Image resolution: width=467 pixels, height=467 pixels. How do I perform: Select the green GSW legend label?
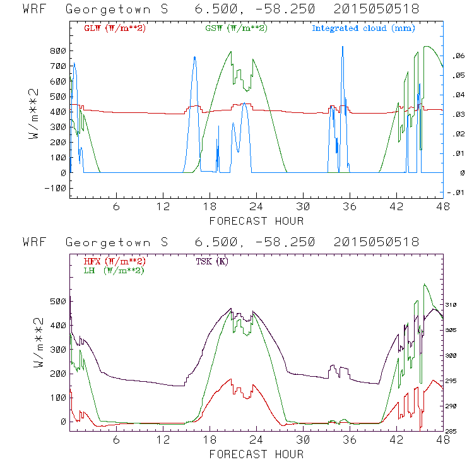pyautogui.click(x=236, y=28)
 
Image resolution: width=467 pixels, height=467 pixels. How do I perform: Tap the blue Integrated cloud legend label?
pyautogui.click(x=363, y=28)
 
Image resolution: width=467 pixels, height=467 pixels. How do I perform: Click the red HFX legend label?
pyautogui.click(x=115, y=261)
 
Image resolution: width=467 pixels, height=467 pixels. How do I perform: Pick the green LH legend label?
pyautogui.click(x=113, y=270)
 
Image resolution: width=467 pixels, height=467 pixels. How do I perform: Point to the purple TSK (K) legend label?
pyautogui.click(x=213, y=261)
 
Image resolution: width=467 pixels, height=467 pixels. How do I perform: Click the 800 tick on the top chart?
pyautogui.click(x=58, y=50)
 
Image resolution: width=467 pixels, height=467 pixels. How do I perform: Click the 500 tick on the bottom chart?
pyautogui.click(x=58, y=301)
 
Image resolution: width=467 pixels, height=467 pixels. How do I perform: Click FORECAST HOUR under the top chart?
pyautogui.click(x=256, y=221)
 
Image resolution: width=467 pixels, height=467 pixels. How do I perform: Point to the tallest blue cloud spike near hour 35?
pyautogui.click(x=343, y=47)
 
